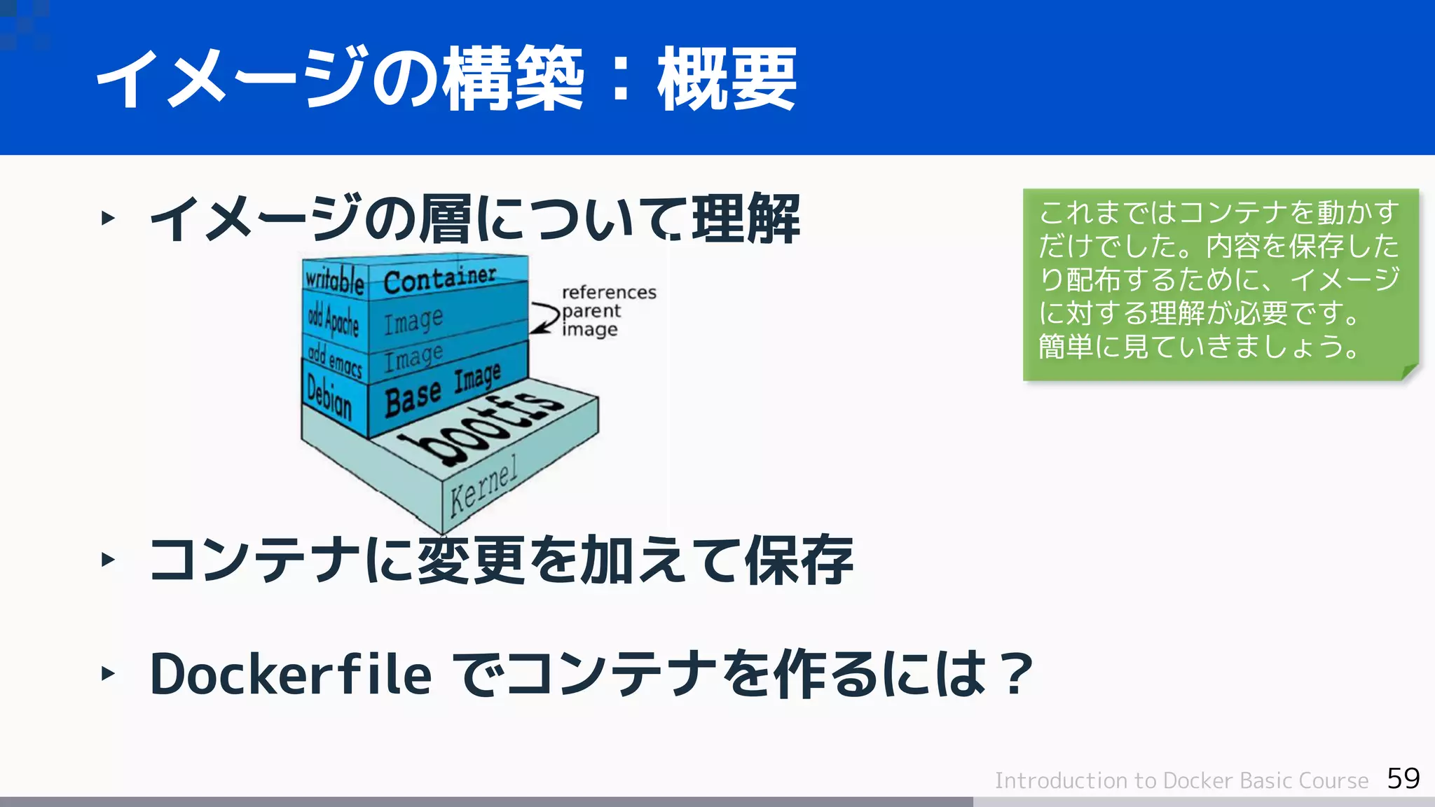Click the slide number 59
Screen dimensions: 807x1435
(x=1403, y=778)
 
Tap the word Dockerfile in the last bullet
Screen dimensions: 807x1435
(x=291, y=674)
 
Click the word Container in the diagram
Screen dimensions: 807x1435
(x=439, y=279)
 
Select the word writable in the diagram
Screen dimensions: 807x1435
(x=334, y=280)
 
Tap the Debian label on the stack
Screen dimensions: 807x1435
(x=329, y=396)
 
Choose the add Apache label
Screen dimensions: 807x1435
(x=334, y=322)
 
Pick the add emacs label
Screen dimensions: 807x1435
(x=335, y=360)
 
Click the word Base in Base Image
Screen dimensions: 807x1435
(x=413, y=398)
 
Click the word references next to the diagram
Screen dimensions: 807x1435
(x=609, y=292)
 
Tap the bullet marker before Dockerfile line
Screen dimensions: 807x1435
(x=108, y=674)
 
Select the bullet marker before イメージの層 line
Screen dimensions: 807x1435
(x=108, y=218)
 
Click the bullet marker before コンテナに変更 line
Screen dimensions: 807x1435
(x=108, y=559)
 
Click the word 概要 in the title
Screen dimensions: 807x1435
(x=727, y=79)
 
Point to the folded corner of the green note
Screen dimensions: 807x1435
(x=1409, y=371)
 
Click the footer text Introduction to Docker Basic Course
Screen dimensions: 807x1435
(x=1181, y=780)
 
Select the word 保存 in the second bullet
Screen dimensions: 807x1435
(x=799, y=560)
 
